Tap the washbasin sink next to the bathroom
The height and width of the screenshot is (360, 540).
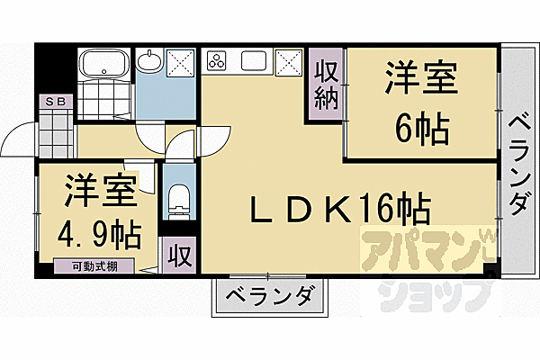pos(149,62)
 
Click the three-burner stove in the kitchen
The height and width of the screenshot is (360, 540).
pos(219,63)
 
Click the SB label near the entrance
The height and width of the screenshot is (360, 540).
pos(56,102)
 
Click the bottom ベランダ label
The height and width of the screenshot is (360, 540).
pos(268,295)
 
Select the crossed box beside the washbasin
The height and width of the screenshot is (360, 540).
pos(181,64)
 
